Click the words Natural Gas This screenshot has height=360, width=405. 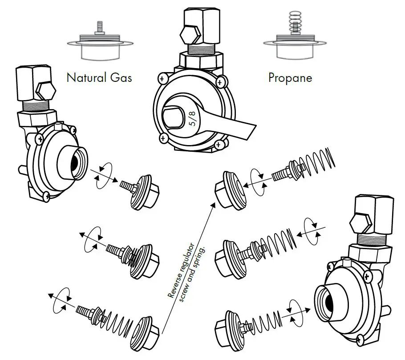(99, 77)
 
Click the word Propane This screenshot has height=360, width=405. (290, 77)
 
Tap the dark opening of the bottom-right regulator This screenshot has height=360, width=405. (329, 303)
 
